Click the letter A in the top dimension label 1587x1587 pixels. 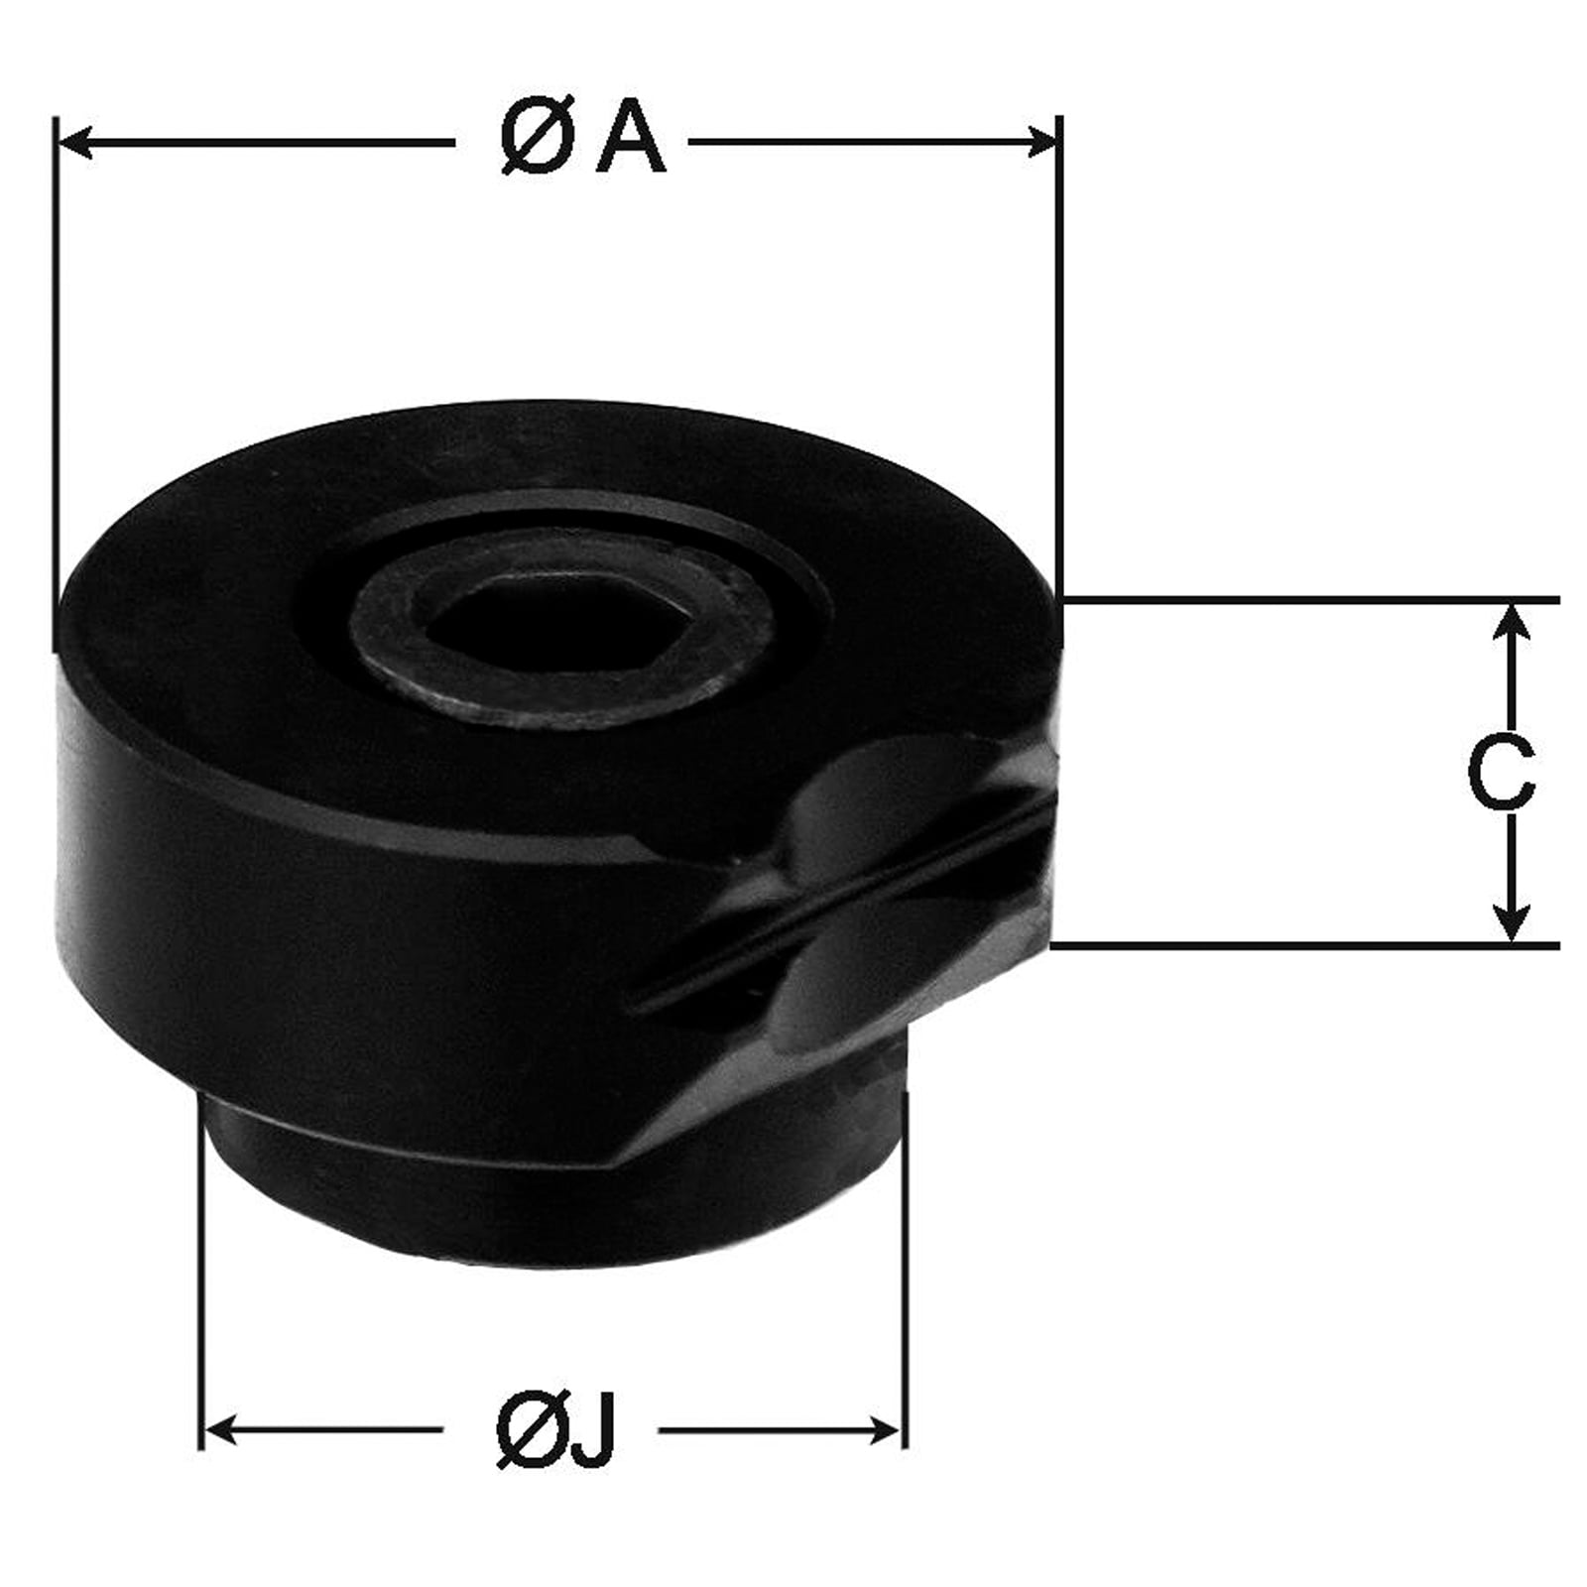[630, 140]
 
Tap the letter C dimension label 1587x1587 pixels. [1501, 773]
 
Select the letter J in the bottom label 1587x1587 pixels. [593, 1430]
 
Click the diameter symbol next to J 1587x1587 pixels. [529, 1431]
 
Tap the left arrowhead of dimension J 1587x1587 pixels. [220, 1431]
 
